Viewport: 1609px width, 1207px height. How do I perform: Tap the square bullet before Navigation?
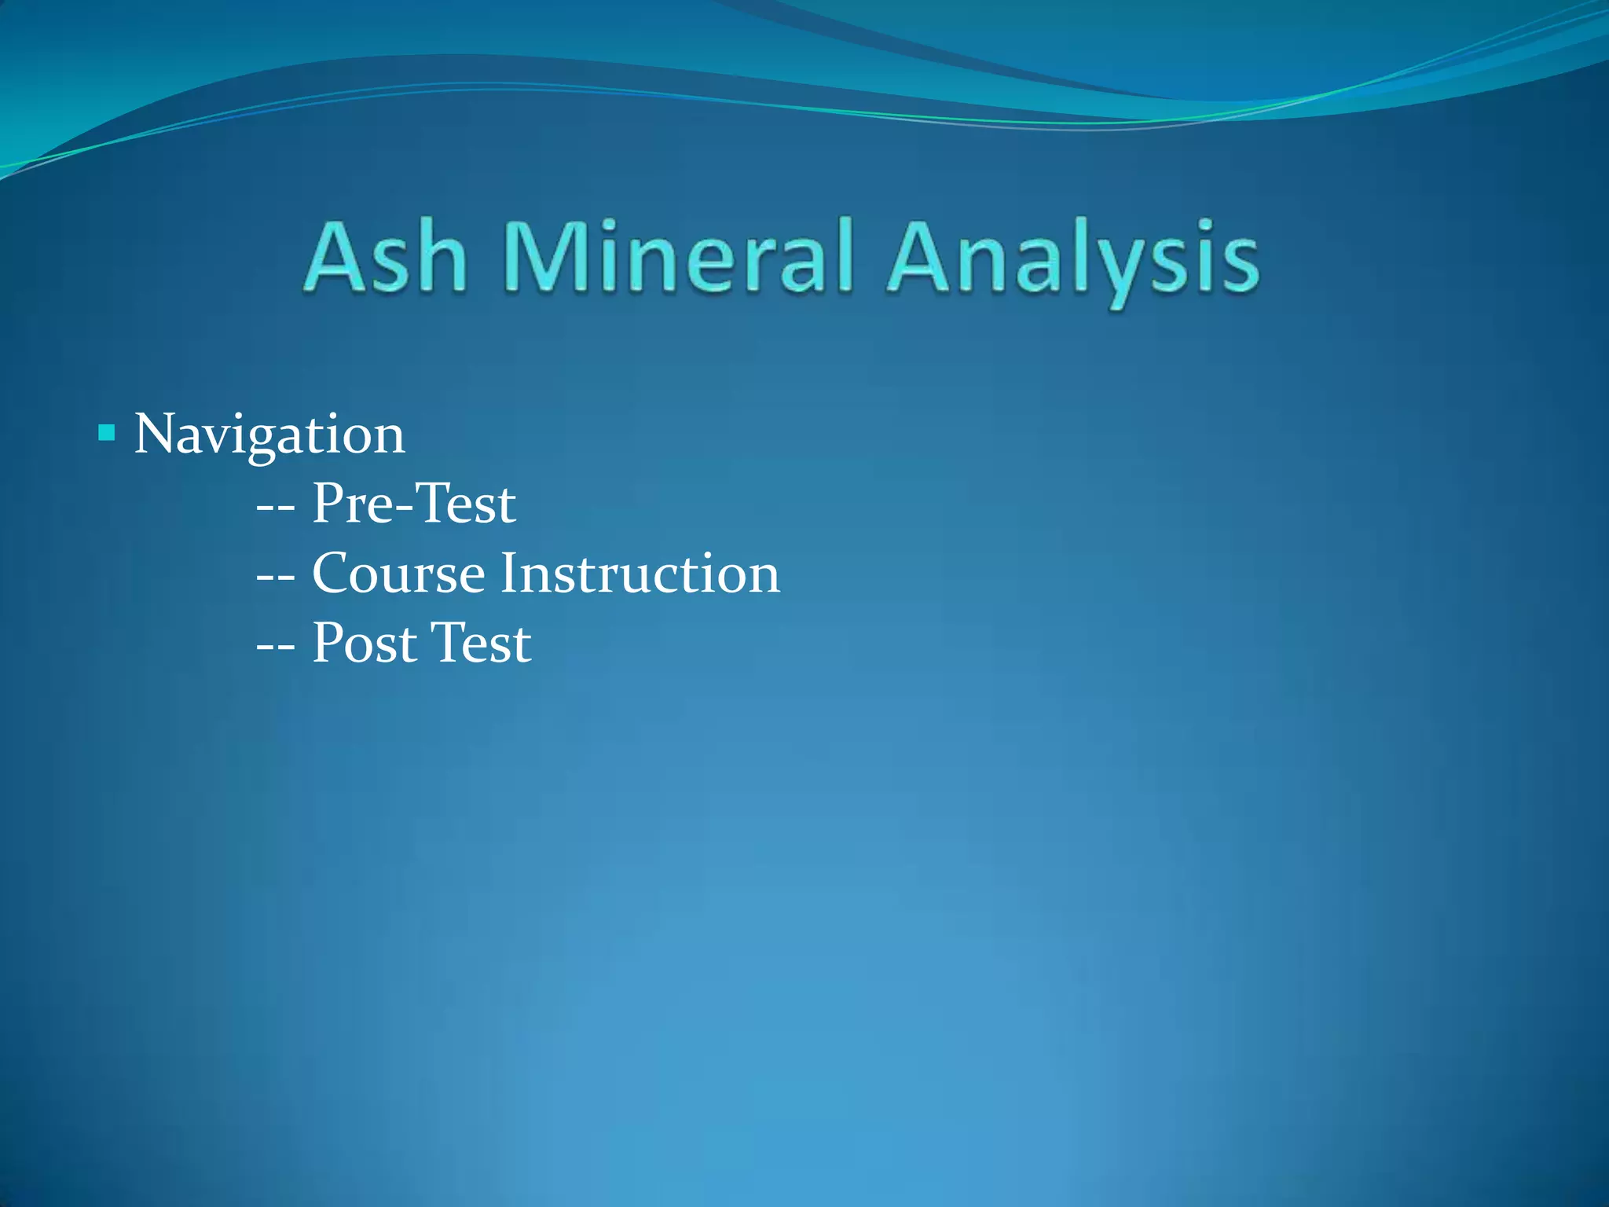point(107,433)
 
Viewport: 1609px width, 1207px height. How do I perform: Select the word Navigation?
point(269,435)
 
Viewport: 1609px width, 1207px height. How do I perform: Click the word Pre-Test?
point(414,503)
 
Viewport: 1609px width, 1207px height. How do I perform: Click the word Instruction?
point(640,573)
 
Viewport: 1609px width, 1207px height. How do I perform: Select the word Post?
point(365,643)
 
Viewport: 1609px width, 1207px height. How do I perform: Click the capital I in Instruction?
point(508,573)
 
